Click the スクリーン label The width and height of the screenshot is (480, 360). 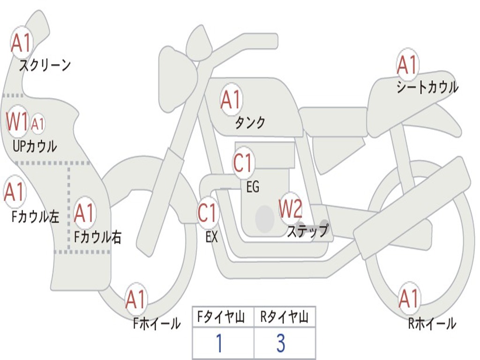[x=45, y=65]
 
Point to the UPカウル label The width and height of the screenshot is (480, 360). [x=34, y=146]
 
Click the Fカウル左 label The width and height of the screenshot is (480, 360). [x=35, y=216]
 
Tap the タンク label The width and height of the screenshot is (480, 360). [x=250, y=122]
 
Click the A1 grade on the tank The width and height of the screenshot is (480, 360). [x=231, y=99]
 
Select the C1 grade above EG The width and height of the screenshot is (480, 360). [x=243, y=164]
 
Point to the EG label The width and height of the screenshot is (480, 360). [x=252, y=187]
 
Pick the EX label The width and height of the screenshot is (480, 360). [x=211, y=237]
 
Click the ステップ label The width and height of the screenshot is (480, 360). [x=307, y=231]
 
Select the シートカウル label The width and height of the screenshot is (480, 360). [x=427, y=87]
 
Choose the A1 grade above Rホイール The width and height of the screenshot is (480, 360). [x=408, y=299]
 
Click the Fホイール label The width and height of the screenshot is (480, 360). [x=157, y=323]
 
